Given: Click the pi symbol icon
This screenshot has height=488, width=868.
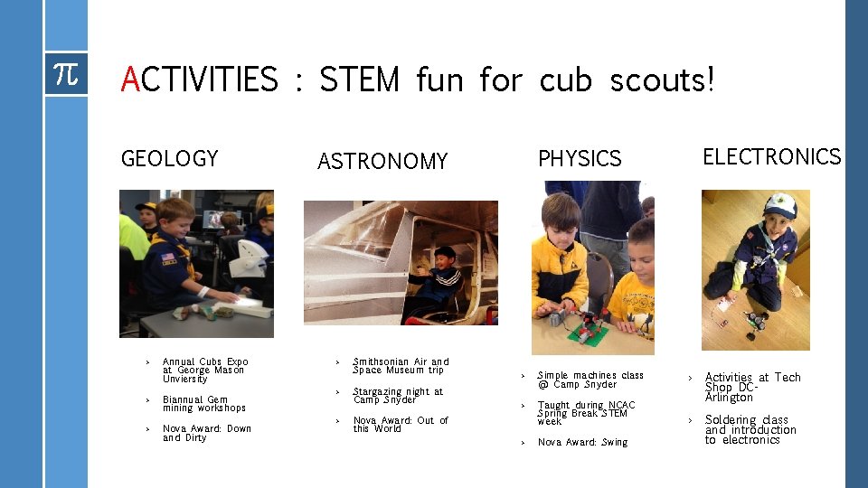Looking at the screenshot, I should pos(66,74).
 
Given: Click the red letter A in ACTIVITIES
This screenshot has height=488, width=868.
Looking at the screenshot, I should pos(131,80).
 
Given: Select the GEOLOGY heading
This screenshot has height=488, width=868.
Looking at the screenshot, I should pos(169,159).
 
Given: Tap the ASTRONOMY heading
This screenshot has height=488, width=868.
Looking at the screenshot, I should pos(382,162).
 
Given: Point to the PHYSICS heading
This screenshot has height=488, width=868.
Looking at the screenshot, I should pos(580,159).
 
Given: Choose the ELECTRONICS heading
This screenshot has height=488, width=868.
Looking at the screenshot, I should pos(771,157).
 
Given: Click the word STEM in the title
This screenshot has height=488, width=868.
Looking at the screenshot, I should pos(359,80).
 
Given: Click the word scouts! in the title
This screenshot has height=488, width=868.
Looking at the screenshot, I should pos(662,80).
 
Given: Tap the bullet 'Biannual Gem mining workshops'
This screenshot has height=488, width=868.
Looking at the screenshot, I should pos(203,404).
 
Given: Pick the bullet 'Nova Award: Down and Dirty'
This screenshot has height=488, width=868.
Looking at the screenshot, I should pos(206,433).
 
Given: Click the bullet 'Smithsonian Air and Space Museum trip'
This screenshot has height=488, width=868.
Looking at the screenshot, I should pos(401,366).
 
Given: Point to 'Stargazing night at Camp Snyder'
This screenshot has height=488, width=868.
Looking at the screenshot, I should pos(398,396).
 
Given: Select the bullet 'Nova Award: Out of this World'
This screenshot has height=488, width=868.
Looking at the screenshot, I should pos(401,424).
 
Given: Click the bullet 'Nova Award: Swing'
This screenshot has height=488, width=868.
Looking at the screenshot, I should pos(582,443).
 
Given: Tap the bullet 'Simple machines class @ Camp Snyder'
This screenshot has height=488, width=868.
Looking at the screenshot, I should pos(590,380).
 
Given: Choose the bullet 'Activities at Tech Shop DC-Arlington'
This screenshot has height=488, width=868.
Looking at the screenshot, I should pos(752,387).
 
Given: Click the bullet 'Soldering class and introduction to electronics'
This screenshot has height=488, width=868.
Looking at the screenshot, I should pos(750,429).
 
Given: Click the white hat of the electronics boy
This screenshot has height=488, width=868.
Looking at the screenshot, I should pos(779,206).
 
